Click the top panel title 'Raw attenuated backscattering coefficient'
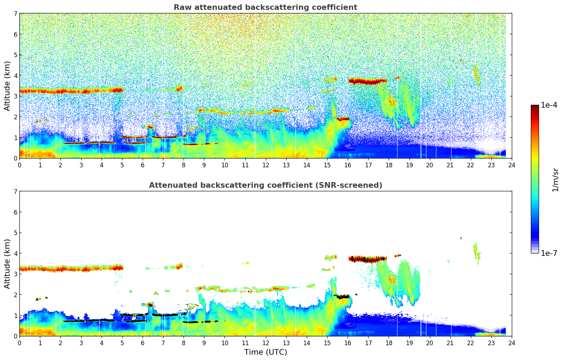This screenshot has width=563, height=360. (265, 7)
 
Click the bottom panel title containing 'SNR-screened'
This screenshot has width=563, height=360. (265, 185)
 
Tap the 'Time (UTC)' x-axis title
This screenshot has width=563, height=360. (265, 352)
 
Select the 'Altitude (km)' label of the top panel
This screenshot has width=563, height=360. (7, 86)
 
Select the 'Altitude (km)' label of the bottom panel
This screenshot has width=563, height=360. (7, 264)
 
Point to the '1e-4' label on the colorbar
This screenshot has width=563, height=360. (549, 105)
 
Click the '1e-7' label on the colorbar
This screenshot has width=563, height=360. (549, 253)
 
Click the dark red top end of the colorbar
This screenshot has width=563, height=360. (535, 107)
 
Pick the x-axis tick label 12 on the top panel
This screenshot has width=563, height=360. (265, 165)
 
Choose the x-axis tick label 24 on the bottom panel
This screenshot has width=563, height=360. (511, 343)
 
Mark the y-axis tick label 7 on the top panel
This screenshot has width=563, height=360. (16, 14)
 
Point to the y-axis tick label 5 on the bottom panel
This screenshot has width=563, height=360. (16, 233)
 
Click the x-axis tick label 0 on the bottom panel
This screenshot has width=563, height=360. (19, 343)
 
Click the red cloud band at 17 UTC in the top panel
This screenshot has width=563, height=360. (368, 82)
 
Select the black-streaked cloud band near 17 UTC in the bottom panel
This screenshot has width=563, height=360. (368, 259)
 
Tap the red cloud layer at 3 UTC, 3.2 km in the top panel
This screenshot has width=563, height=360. (81, 91)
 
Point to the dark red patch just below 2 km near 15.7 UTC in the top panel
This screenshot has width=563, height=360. (342, 119)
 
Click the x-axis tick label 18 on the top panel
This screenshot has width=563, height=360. (389, 165)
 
